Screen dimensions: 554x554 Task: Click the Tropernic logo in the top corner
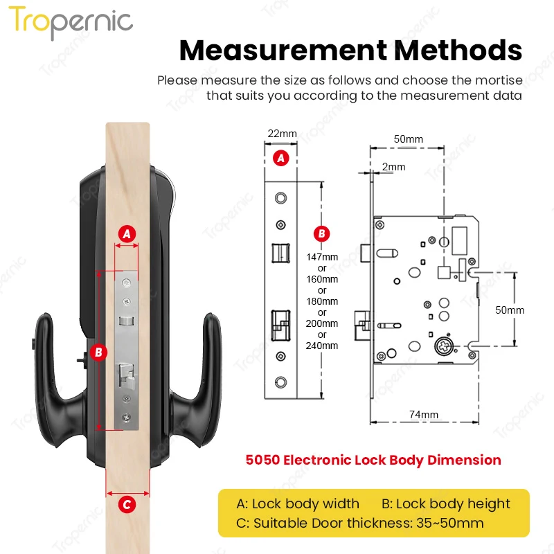pos(71,22)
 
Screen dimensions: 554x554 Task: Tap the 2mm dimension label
pos(393,167)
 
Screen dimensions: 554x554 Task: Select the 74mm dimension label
pos(423,415)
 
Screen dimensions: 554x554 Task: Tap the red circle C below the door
pos(127,505)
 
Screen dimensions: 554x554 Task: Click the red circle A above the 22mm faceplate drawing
pos(280,158)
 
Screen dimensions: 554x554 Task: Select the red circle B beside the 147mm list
pos(321,233)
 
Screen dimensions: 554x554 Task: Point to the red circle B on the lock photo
pos(98,352)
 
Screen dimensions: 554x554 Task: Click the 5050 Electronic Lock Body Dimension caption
pos(373,460)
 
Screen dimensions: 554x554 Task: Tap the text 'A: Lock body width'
pos(298,503)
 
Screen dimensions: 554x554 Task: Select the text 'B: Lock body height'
pos(445,503)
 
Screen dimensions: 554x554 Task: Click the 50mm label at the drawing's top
pos(408,139)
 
